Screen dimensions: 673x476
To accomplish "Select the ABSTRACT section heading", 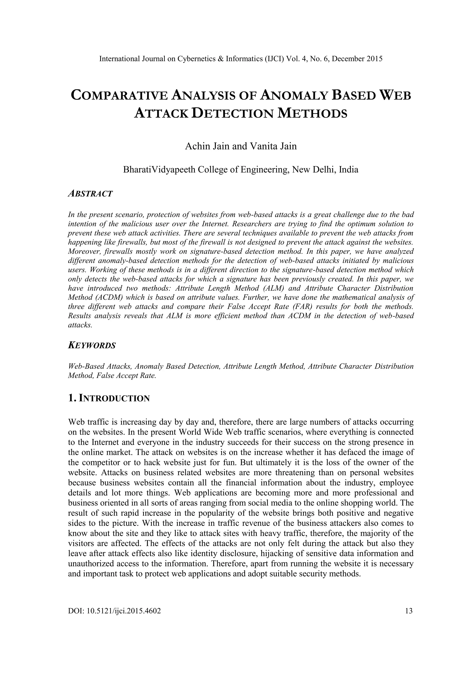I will [90, 194].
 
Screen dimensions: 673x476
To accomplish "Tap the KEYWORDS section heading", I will [92, 346].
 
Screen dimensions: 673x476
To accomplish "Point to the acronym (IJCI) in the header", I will [275, 59].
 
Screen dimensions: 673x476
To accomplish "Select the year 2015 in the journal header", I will [374, 59].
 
